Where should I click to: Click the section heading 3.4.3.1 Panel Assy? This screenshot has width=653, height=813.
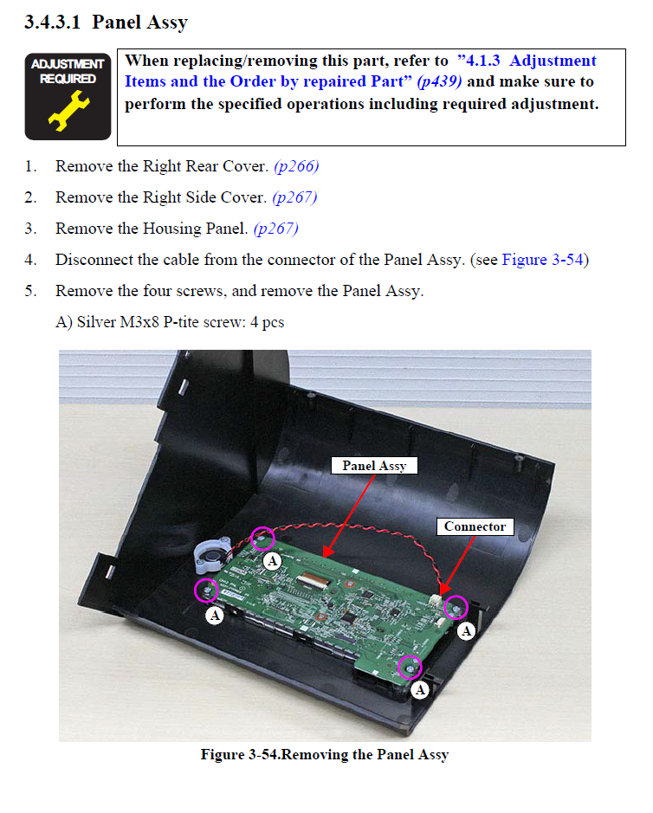pos(106,23)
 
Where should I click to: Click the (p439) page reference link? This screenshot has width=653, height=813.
pos(439,82)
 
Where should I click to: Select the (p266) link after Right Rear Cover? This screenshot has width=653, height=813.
pos(301,166)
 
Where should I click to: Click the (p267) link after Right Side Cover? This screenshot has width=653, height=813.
pos(294,197)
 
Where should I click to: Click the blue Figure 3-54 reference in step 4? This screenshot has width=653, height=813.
pos(542,260)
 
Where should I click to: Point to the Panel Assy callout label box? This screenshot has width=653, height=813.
pos(374,465)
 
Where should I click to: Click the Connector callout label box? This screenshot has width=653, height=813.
pos(475,526)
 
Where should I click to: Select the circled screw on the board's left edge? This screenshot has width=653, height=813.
pos(207,590)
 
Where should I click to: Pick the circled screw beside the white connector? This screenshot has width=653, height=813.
pos(456,608)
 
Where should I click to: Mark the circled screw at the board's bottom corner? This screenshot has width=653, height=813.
pos(409,667)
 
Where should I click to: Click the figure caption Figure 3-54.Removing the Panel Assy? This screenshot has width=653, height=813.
pos(325,755)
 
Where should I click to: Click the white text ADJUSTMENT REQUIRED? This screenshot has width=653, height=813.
pos(68,71)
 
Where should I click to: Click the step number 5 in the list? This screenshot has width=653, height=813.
pos(30,291)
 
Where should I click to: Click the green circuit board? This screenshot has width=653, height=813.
pos(329,606)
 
